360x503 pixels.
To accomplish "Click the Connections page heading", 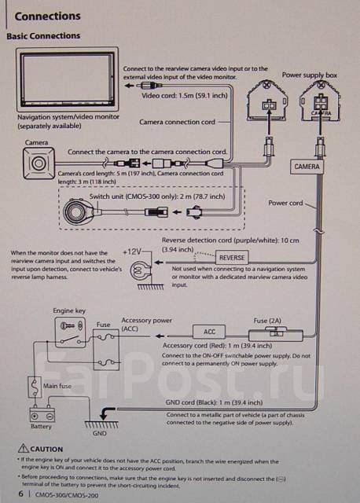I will coord(48,16).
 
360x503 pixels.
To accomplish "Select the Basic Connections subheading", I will coord(43,36).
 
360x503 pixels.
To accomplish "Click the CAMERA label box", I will coord(307,167).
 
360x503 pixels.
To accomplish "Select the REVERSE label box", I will coord(232,257).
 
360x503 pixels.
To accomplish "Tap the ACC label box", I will coord(209,331).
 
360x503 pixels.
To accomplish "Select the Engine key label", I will coord(68,311).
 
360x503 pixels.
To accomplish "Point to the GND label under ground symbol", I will coord(99,432).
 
